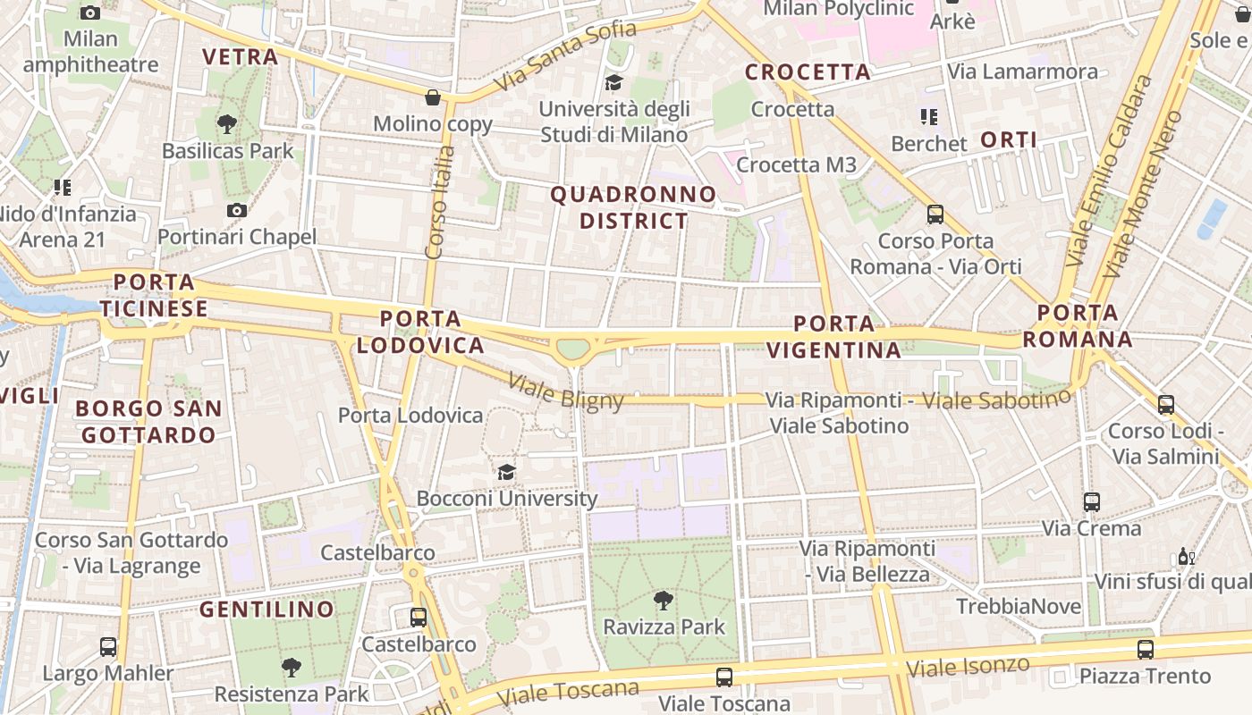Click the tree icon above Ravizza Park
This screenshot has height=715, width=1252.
coord(663,600)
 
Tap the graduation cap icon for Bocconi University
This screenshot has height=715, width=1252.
coord(506,471)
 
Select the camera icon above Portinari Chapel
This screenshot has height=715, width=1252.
coord(237,210)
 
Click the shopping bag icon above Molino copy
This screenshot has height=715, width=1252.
coord(433,97)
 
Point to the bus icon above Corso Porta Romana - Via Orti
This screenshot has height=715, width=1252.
coord(935,214)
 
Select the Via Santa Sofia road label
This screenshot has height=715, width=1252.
coord(566,55)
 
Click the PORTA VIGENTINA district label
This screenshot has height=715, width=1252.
coord(833,336)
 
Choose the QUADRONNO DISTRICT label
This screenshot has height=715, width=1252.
coord(633,207)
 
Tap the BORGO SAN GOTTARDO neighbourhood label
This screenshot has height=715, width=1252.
coord(148,422)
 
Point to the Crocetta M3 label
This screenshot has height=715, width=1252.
coord(796,164)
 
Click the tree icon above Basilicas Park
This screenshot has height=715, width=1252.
coord(227,124)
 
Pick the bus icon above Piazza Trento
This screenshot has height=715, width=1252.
coord(1145,649)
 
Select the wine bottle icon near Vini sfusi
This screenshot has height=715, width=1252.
coord(1186,556)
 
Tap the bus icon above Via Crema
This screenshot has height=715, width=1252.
coord(1091,501)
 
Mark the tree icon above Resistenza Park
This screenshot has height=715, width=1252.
coord(291,666)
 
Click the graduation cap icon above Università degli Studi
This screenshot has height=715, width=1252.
coord(613,83)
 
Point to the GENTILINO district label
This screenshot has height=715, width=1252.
coord(266,610)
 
